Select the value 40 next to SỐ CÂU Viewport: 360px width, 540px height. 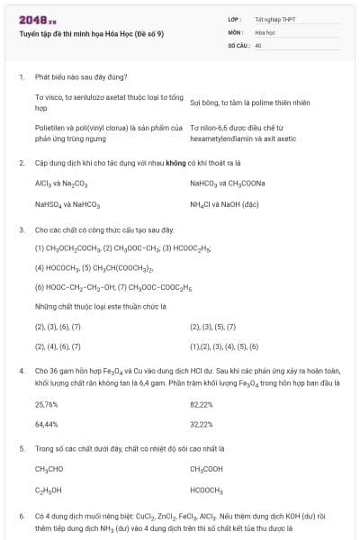258,44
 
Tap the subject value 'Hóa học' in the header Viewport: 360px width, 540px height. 264,31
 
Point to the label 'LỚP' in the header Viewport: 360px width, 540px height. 234,19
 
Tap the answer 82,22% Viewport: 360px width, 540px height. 202,405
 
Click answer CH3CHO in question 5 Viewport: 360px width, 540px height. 49,469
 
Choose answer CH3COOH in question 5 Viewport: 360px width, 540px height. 206,469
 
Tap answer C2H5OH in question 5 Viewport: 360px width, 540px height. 49,490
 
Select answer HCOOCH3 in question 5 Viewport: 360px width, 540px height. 206,490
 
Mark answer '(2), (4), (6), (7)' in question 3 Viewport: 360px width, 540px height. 58,346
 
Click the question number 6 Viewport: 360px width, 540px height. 21,516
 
